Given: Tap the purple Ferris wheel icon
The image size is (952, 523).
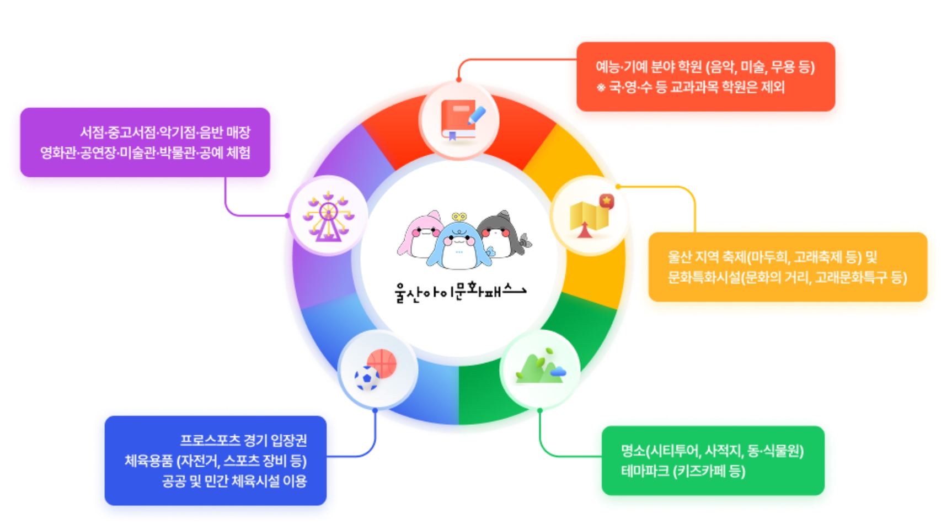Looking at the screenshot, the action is (x=328, y=216).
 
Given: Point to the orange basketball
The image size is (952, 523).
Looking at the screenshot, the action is (x=382, y=362).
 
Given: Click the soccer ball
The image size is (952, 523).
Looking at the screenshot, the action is (x=367, y=379).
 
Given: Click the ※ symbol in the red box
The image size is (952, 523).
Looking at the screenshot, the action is (x=601, y=87).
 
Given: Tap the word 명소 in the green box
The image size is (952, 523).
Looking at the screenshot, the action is (x=633, y=451).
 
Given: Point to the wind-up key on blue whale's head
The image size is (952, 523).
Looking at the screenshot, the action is (x=459, y=217).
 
